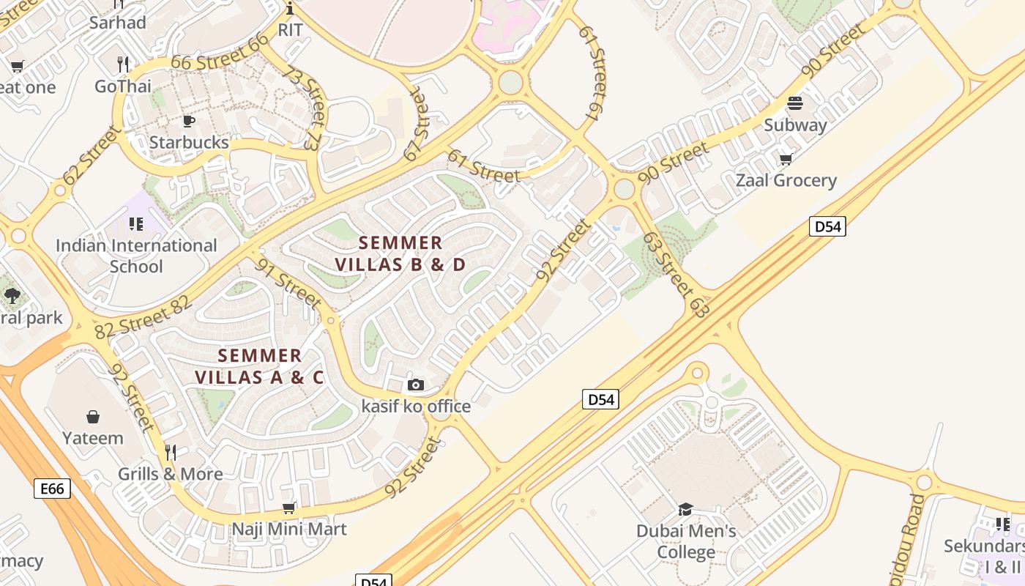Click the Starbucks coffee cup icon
point(189,121)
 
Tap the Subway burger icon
point(795,103)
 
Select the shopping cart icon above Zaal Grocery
point(786,159)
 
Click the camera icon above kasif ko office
point(416,385)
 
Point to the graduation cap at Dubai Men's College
point(686,509)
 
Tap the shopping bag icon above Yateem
point(93,417)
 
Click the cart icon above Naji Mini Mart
point(289,508)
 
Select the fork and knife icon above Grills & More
point(171,452)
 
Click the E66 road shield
point(53,489)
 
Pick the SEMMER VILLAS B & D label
point(400,253)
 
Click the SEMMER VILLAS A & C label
point(260,366)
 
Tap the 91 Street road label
point(288,283)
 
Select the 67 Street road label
point(415,125)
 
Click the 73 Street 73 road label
point(302,106)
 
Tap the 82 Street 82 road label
point(143,317)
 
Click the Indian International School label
point(136,256)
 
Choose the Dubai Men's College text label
point(686,541)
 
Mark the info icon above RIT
point(290,9)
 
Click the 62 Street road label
point(91,155)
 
